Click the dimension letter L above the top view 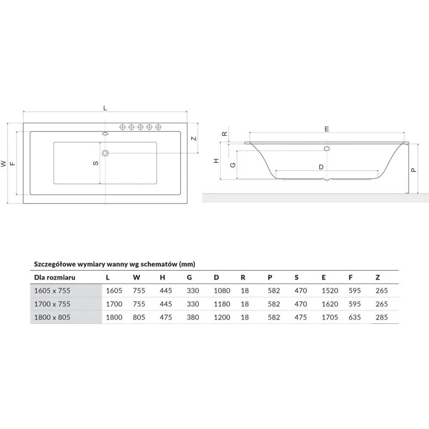(105, 108)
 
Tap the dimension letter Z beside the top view (194, 139)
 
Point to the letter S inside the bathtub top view (96, 163)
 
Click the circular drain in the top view (106, 153)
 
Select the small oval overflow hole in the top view (106, 134)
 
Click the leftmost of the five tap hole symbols (123, 127)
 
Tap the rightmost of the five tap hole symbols (158, 127)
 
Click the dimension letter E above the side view (326, 129)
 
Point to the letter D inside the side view (321, 167)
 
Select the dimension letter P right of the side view (414, 170)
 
